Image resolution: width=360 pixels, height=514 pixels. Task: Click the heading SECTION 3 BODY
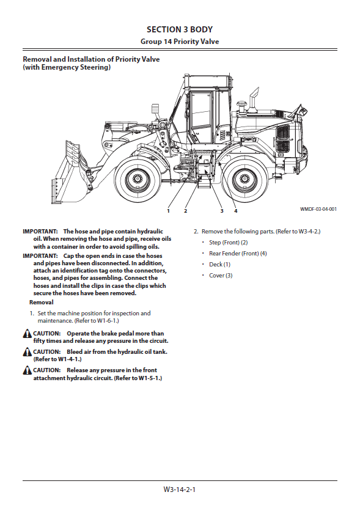(180, 29)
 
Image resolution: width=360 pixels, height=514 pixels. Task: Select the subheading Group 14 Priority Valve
(180, 42)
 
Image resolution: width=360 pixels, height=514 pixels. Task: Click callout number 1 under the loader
(169, 211)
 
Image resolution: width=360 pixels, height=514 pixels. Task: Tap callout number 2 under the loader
(186, 211)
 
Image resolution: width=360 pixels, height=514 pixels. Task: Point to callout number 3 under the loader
(222, 211)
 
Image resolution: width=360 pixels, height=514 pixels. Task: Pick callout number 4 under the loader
(236, 211)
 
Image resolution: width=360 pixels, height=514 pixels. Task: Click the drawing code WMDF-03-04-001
(318, 209)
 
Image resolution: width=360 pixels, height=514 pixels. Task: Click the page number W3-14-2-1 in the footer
(180, 490)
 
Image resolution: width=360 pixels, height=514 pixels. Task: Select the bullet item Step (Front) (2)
(229, 243)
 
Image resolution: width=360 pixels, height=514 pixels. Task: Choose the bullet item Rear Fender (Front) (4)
(238, 254)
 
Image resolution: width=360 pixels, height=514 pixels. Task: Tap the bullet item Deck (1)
(219, 265)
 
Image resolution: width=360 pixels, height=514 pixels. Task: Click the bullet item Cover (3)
(221, 276)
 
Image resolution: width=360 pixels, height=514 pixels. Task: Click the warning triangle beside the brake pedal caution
(28, 334)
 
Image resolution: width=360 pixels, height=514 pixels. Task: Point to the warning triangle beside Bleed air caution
(28, 353)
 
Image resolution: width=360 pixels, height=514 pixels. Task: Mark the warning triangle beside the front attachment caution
(28, 371)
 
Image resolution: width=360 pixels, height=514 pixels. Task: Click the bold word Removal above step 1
(42, 303)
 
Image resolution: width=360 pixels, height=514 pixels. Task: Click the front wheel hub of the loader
(137, 179)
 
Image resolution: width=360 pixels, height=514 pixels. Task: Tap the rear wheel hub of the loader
(244, 179)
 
